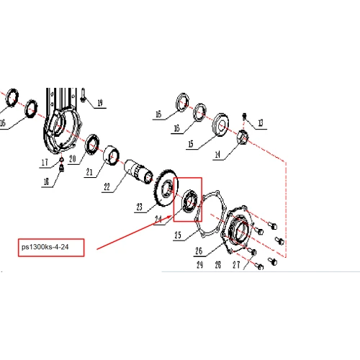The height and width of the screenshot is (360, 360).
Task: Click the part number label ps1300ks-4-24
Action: click(45, 247)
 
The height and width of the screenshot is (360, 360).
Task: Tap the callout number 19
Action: click(100, 103)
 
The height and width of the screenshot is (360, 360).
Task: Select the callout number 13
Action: click(261, 123)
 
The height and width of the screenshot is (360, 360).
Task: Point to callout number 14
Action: click(217, 154)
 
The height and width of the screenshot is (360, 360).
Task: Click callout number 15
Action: click(191, 144)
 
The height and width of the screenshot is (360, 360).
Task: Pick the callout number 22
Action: click(107, 187)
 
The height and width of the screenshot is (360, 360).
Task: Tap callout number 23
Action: click(140, 207)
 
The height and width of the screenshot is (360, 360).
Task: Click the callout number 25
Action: click(178, 235)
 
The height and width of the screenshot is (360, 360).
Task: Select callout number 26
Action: click(199, 251)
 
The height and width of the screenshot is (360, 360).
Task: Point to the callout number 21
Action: click(89, 172)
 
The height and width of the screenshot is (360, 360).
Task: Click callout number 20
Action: click(73, 159)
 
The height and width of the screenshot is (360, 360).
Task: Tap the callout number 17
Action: click(45, 163)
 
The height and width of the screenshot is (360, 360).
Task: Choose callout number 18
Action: click(46, 182)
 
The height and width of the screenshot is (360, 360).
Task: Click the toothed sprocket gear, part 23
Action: click(166, 188)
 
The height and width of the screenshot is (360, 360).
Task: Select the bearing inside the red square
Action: click(190, 202)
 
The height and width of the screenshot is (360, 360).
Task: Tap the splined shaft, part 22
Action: click(138, 171)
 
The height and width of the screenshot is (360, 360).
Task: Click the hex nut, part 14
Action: click(243, 138)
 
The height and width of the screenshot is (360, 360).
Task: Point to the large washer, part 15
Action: click(220, 125)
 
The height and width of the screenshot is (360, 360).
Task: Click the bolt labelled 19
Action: click(83, 95)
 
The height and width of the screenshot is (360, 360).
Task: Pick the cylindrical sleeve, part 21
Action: click(112, 156)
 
